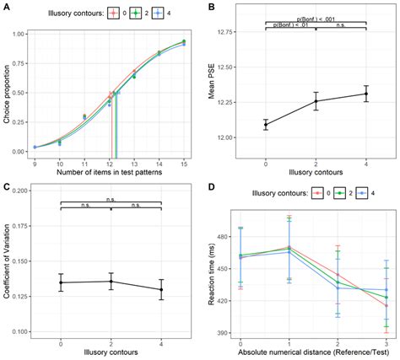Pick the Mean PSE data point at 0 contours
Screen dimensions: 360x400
266,125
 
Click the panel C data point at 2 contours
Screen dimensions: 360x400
111,282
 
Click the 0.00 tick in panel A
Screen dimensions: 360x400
18,152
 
